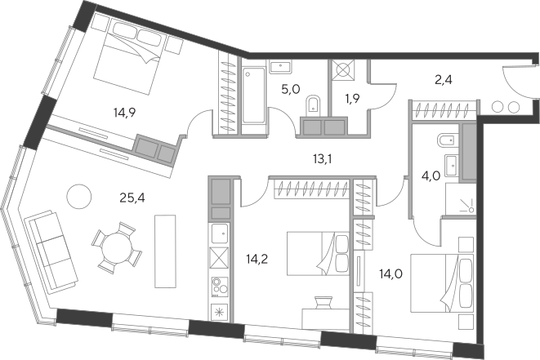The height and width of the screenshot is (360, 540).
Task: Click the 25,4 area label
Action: pos(132,198)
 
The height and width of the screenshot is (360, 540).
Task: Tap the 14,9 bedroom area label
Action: pos(124,112)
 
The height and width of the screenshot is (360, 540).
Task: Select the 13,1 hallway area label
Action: pos(323,159)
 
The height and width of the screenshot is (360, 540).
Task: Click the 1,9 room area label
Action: pos(353,99)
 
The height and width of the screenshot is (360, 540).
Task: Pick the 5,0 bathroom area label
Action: pos(291,90)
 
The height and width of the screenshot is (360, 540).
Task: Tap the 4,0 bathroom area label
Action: pos(431,176)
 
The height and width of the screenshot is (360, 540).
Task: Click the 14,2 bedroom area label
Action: pos(257,259)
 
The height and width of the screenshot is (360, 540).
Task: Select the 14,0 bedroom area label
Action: pos(390,274)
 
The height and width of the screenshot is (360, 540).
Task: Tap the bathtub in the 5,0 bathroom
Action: pos(254,96)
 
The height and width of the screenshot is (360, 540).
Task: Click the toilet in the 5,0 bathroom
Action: pos(313,104)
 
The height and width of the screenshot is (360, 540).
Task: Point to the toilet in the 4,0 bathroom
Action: pos(446,140)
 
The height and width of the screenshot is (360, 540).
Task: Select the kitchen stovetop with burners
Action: pos(220,287)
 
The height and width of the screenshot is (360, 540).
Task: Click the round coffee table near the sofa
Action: pos(79,197)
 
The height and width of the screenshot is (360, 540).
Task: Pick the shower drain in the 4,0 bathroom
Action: pos(471,209)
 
